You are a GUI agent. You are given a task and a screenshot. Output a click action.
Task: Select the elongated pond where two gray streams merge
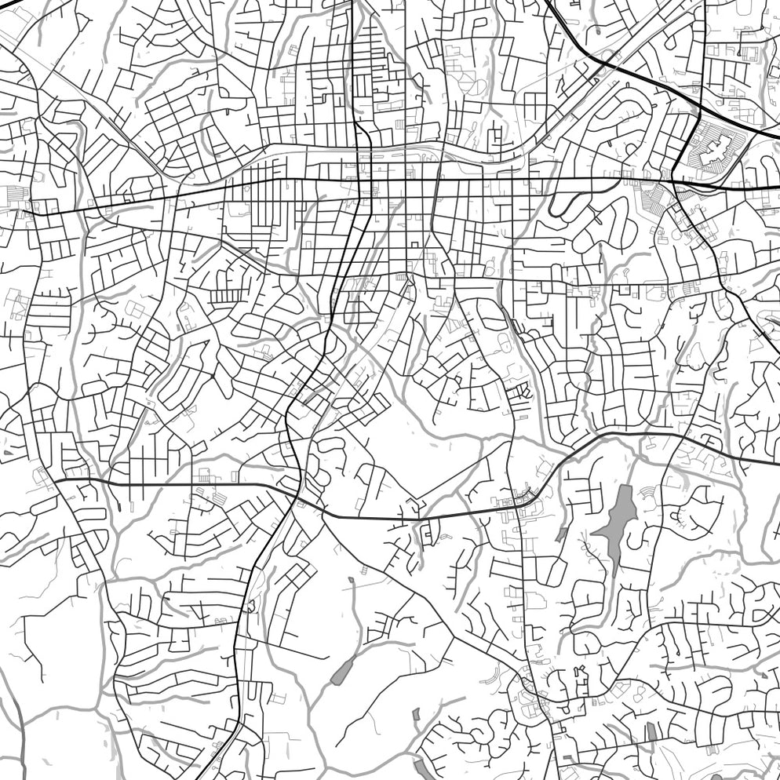tap(342, 672)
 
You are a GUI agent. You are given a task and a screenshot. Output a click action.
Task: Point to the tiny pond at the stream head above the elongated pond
tap(351, 580)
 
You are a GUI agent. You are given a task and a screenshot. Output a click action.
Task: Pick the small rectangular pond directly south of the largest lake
tap(651, 731)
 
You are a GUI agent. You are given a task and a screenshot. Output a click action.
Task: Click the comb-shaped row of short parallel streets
tap(223, 295)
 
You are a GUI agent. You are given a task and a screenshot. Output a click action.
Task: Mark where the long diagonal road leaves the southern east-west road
tap(323, 515)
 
